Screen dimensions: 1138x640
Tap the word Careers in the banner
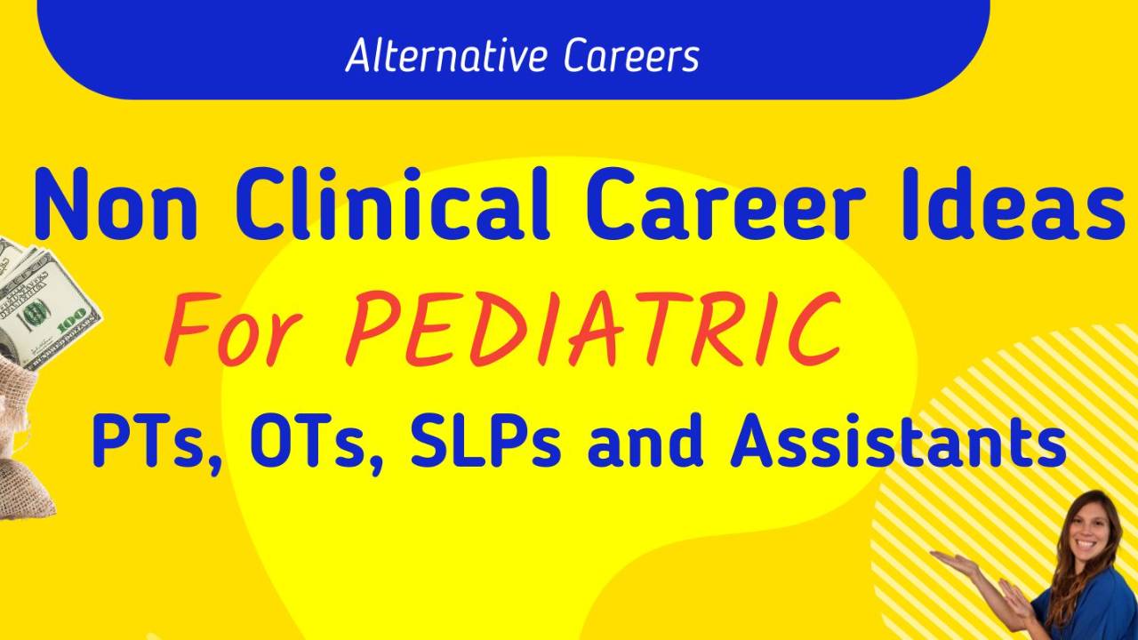[631, 55]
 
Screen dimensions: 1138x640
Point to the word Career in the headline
[724, 204]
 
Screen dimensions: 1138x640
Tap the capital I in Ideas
[911, 204]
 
